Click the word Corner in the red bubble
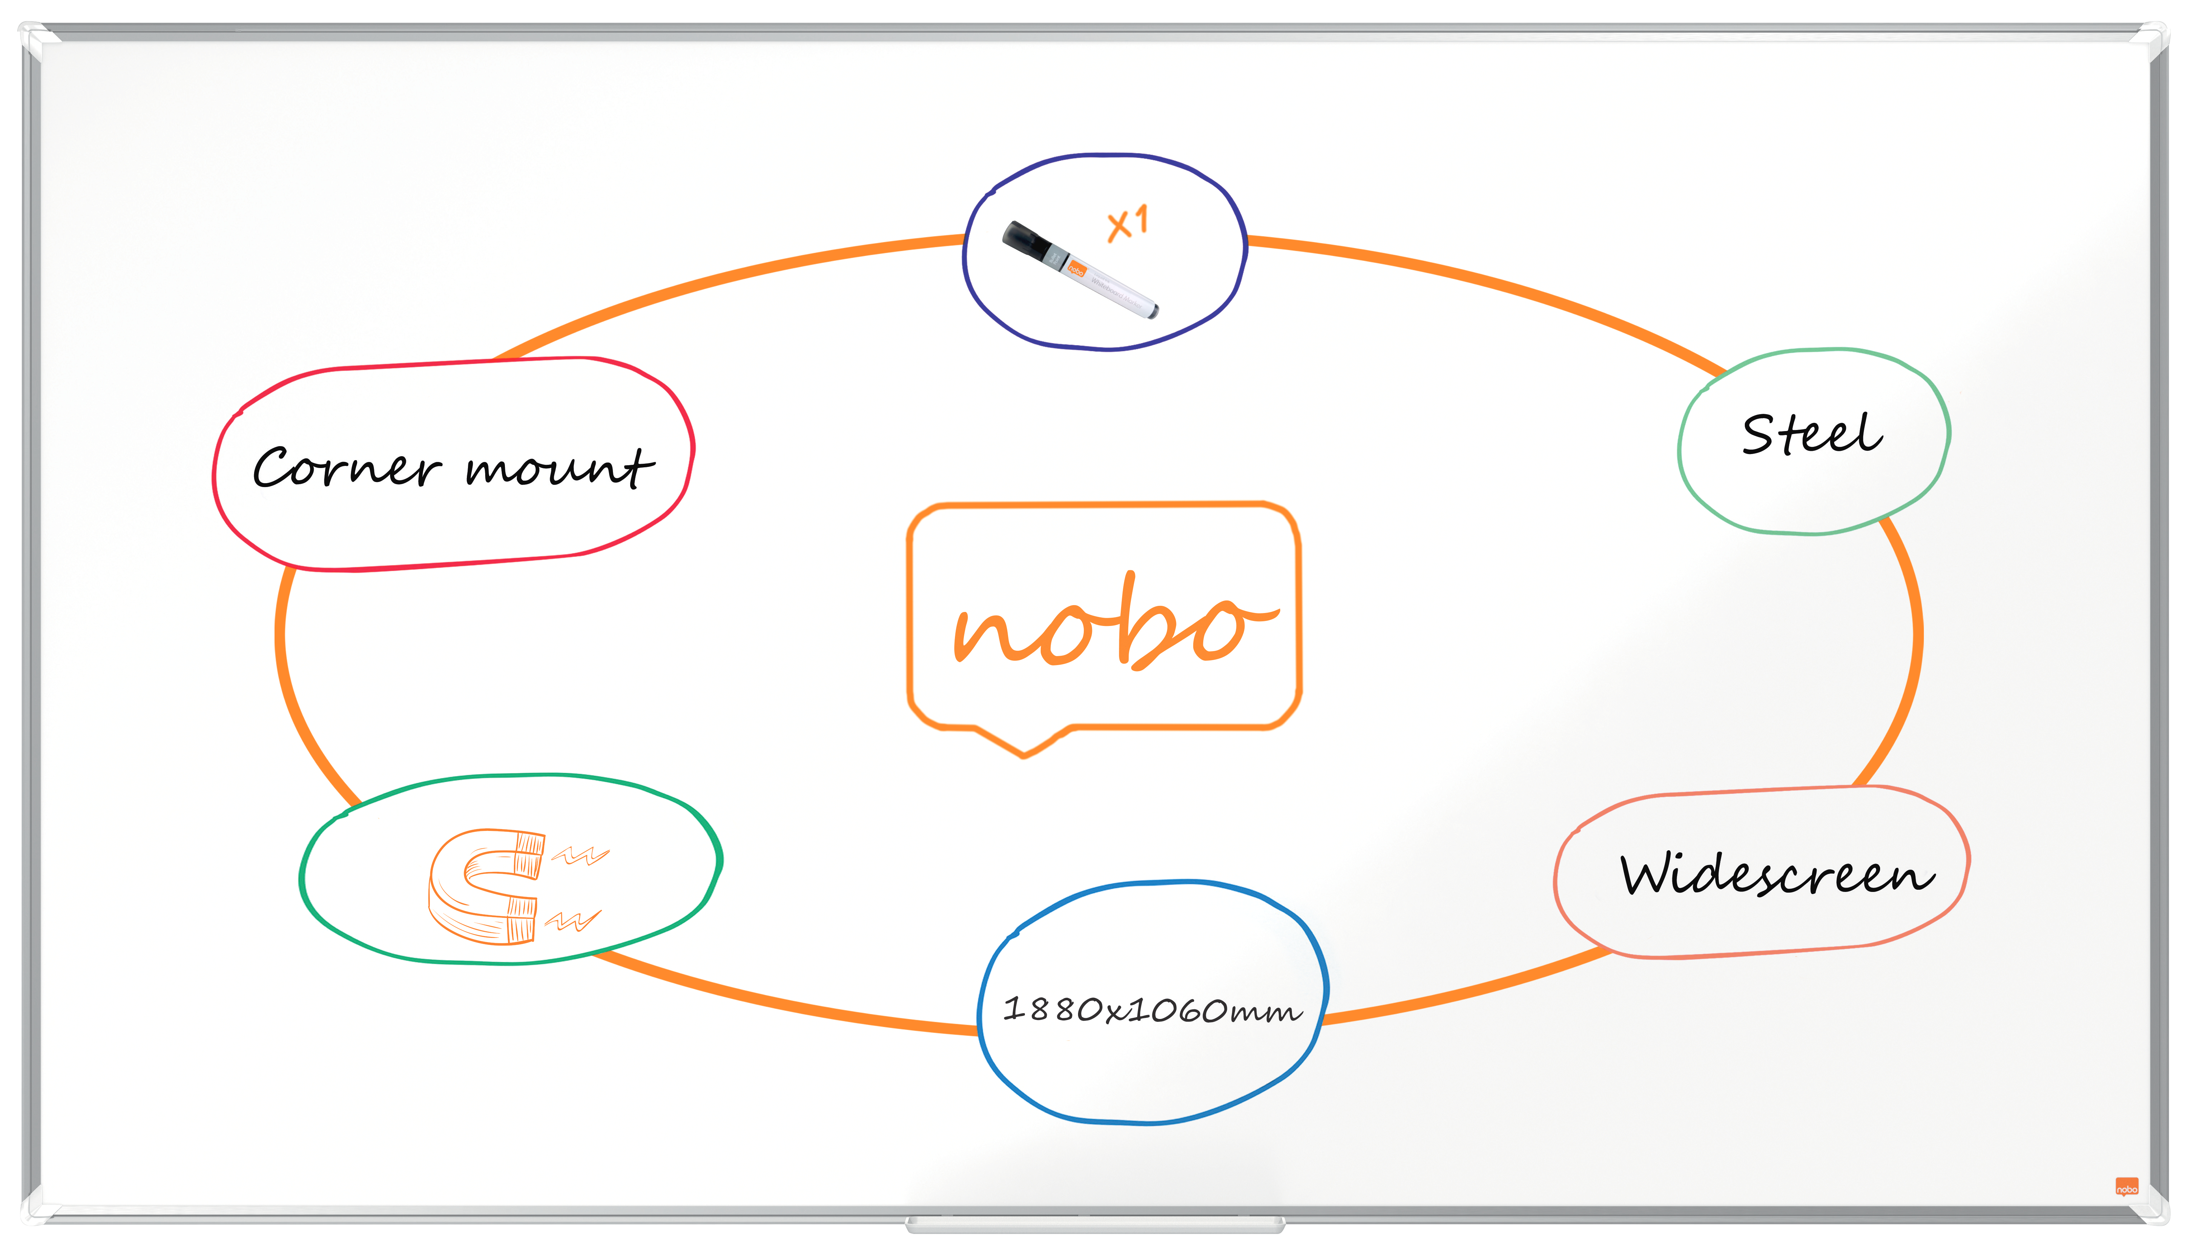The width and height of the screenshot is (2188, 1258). pyautogui.click(x=346, y=469)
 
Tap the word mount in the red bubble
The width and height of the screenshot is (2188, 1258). pyautogui.click(x=560, y=469)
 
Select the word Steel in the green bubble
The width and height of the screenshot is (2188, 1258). pyautogui.click(x=1812, y=435)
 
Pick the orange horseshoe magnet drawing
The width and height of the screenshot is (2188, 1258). pyautogui.click(x=486, y=885)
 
